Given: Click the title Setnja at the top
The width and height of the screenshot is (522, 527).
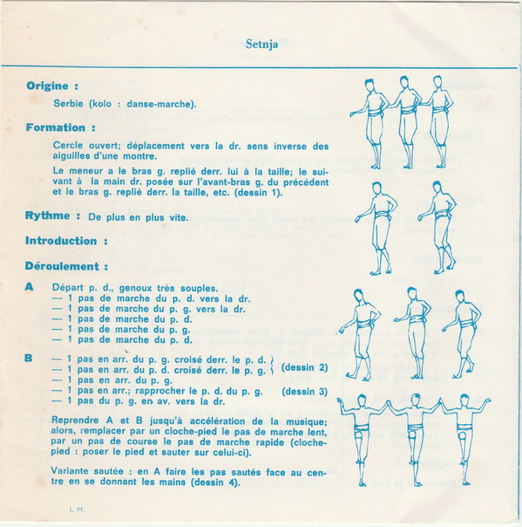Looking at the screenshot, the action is point(261,44).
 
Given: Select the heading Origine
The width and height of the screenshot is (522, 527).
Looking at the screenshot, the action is point(48,86).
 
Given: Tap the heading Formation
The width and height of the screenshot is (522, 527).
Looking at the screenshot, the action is point(56,127).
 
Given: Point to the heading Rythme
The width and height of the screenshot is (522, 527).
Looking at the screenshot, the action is point(47,216).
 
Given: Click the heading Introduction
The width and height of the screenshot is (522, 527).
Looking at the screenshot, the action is point(61,241).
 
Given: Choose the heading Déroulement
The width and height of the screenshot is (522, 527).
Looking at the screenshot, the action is point(62,266).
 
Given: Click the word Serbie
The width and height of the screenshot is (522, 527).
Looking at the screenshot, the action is point(68,103).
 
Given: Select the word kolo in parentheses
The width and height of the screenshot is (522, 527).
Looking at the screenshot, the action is point(102,104).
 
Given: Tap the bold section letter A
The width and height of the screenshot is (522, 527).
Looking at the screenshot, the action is point(30,287).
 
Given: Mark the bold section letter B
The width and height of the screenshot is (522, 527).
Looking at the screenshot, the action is point(29,358).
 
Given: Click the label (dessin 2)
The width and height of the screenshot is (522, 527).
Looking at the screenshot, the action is point(304,367).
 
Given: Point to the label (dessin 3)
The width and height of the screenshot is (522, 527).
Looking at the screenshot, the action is point(304,392).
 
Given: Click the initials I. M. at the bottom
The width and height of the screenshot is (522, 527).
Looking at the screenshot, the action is point(78,510).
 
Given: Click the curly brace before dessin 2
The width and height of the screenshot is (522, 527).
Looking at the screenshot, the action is point(272,365).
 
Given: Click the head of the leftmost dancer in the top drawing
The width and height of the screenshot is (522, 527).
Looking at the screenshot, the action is point(369,86).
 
